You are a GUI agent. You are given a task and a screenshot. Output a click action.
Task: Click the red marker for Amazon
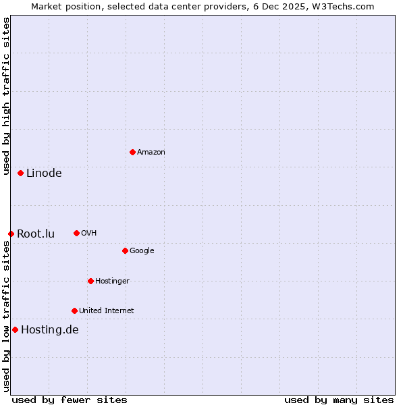coord(132,152)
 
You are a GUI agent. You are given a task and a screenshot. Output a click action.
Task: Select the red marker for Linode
coord(21,173)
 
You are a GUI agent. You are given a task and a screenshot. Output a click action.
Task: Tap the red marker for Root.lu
coord(11,234)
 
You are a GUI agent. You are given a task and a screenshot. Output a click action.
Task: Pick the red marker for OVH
coord(76,233)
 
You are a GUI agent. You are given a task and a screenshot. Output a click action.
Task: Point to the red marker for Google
coord(125,250)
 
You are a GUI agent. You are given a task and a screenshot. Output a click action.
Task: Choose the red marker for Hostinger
coord(90,281)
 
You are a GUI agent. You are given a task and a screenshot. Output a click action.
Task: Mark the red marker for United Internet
coord(74,310)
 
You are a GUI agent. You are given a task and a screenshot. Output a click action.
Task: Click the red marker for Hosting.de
coord(15,329)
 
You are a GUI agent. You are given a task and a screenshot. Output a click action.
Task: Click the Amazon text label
coord(151,153)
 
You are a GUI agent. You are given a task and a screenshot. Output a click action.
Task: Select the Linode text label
coord(44,173)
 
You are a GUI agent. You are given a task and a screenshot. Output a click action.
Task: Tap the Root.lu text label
coord(36,234)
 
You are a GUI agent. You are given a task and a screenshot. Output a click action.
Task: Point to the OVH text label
coord(89,234)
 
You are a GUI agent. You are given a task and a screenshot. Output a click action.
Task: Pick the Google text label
coord(142,251)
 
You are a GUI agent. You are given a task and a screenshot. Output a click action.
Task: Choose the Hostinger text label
coord(112,281)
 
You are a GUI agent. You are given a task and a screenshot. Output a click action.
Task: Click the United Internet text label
coord(107,311)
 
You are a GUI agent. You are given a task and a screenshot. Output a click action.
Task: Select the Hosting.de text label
coord(50,330)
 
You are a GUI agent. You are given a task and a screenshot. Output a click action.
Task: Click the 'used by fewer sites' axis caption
coord(70,400)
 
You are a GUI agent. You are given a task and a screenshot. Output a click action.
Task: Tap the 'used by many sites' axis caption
coord(339,400)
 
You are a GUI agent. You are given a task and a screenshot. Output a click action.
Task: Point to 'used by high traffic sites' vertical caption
coord(6,96)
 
